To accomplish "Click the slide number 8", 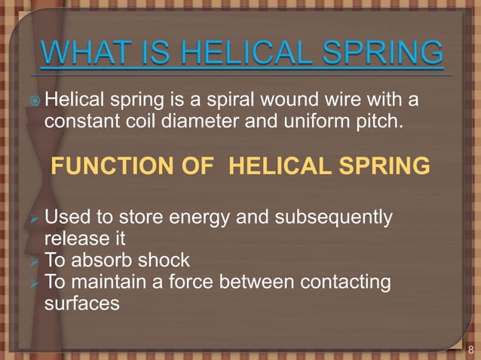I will point(471,349).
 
